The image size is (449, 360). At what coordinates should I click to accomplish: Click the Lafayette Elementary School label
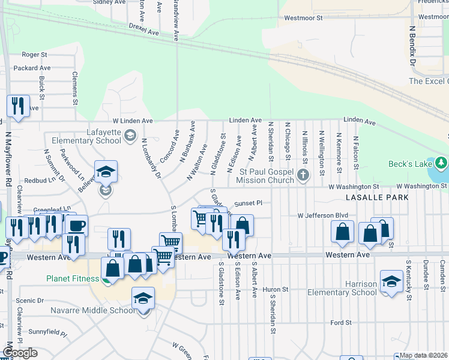[86, 136]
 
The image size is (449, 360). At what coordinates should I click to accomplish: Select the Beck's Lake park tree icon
[442, 163]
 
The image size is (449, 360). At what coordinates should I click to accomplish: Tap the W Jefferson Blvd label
[323, 215]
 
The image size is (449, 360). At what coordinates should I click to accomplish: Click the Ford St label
[341, 323]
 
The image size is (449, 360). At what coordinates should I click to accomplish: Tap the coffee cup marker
[76, 226]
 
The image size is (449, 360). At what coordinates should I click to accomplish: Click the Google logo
[19, 353]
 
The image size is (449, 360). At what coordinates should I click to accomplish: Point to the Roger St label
[34, 55]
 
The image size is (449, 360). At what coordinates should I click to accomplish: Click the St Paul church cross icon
[304, 175]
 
